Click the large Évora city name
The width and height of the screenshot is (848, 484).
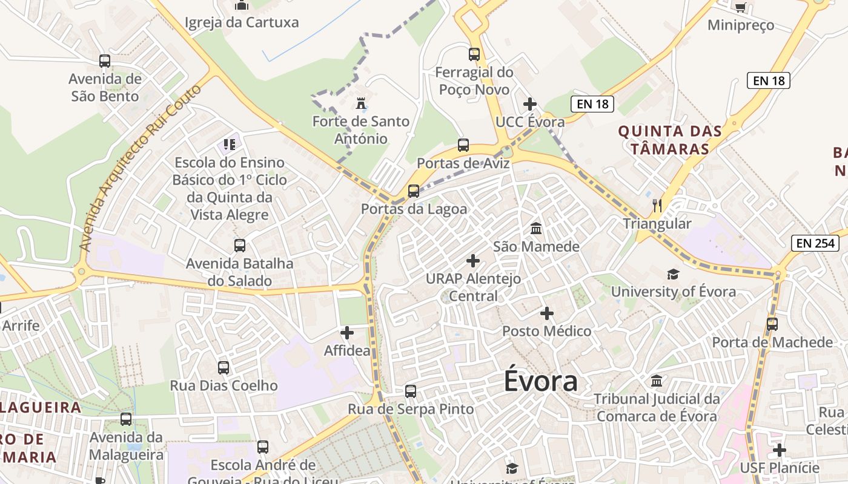click(541, 382)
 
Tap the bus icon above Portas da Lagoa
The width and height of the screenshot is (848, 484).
click(414, 191)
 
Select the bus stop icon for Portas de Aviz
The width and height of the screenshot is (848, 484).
click(463, 145)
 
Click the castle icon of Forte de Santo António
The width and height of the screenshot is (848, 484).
click(361, 103)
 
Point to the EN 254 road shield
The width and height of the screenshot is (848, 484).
click(815, 243)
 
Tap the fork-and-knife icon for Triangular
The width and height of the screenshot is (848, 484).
click(657, 206)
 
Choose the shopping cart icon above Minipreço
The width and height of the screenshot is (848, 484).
click(740, 7)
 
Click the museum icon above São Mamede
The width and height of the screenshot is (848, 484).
click(536, 229)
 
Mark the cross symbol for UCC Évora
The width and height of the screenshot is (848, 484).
click(530, 104)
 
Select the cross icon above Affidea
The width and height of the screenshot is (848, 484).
click(347, 333)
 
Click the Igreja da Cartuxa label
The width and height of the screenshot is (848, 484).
click(242, 23)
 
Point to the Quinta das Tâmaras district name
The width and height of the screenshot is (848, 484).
click(670, 140)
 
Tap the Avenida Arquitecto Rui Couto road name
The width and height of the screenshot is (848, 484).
click(139, 168)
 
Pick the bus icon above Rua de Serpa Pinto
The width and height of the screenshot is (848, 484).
click(411, 391)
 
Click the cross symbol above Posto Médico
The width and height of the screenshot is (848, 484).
click(547, 313)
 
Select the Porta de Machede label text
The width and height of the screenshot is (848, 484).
click(772, 342)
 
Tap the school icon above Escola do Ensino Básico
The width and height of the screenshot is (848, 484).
click(229, 145)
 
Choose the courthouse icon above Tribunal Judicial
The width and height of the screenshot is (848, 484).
click(657, 381)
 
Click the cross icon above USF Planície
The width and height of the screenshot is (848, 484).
click(780, 450)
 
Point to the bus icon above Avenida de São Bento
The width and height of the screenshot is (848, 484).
click(105, 61)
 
